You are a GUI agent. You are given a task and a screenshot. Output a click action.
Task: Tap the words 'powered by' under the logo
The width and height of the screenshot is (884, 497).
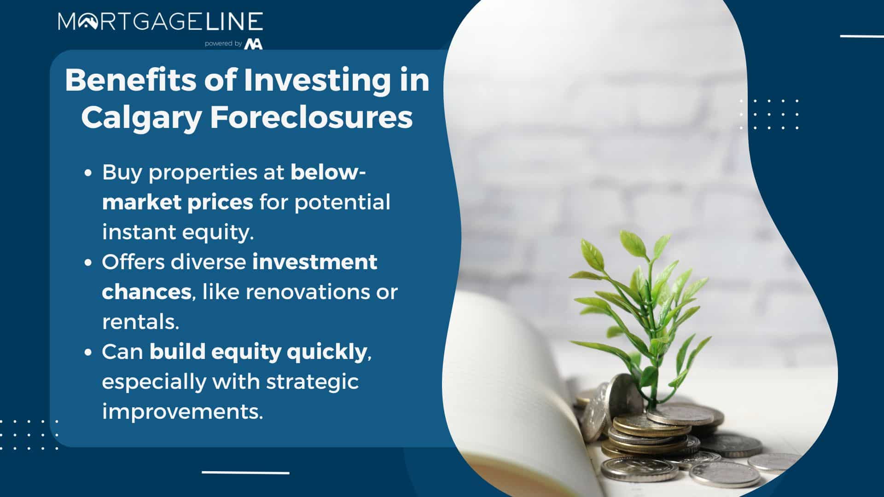tap(223, 44)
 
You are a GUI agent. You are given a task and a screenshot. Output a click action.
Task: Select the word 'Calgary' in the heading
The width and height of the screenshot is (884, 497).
tap(141, 118)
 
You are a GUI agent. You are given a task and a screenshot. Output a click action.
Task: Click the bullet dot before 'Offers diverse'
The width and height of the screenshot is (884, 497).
tap(89, 263)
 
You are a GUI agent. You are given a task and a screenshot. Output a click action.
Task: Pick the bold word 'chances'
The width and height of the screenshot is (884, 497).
tap(146, 292)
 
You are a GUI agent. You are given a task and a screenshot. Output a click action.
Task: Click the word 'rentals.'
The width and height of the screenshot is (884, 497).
tap(140, 322)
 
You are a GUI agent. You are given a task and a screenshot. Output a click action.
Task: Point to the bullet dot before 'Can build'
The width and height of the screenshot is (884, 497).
tap(89, 353)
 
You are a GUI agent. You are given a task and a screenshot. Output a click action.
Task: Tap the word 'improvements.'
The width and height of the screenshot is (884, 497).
tap(182, 411)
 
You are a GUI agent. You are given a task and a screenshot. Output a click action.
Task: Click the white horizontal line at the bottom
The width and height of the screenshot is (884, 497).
tap(245, 473)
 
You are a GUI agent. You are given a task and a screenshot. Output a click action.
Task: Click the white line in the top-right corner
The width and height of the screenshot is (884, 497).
tap(862, 36)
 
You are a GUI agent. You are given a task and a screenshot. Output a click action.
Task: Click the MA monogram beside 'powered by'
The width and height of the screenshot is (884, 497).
tap(254, 44)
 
